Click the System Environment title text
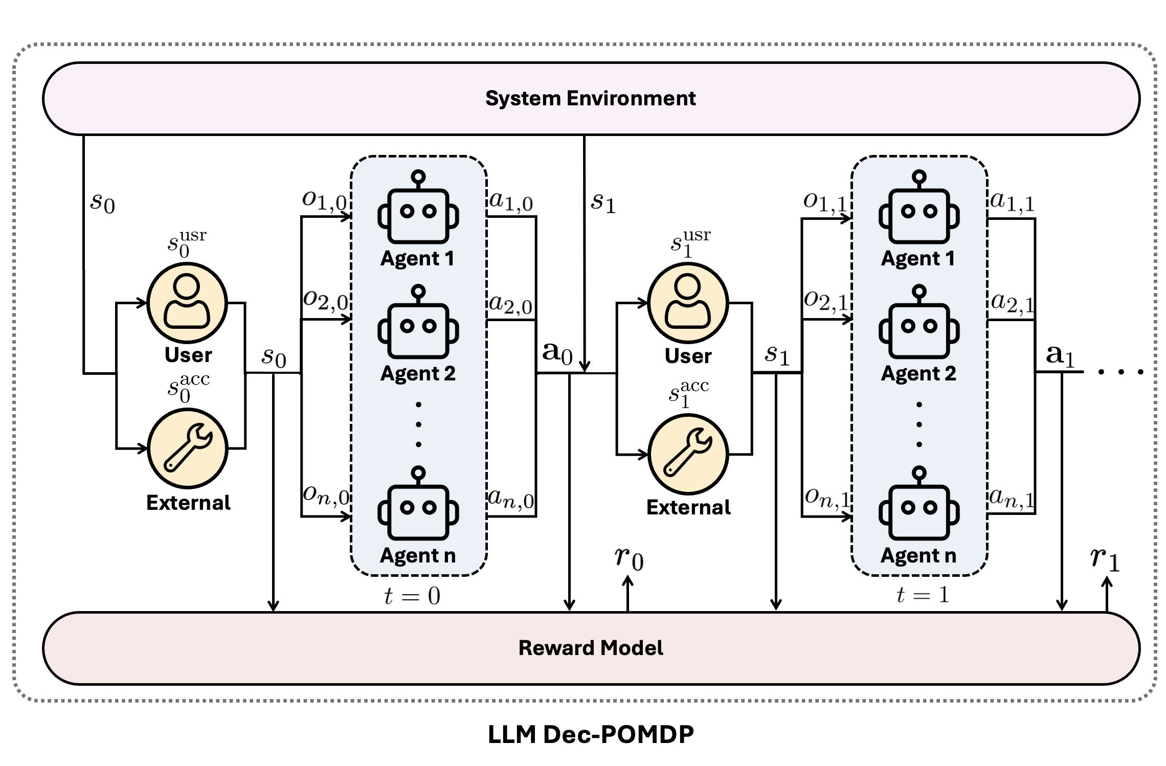click(x=590, y=98)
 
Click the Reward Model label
click(x=590, y=648)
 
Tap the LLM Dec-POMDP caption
click(x=590, y=734)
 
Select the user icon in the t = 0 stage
click(x=187, y=302)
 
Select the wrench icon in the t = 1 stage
click(x=688, y=454)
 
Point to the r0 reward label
click(x=629, y=558)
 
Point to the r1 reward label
click(x=1105, y=558)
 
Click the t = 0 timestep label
click(x=412, y=596)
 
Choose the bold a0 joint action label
click(x=557, y=353)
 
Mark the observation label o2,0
click(x=325, y=300)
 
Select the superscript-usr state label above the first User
click(x=187, y=243)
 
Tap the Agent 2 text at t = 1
click(x=918, y=373)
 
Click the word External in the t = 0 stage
click(x=188, y=503)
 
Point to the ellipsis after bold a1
click(x=1120, y=372)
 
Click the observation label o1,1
click(x=825, y=202)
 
